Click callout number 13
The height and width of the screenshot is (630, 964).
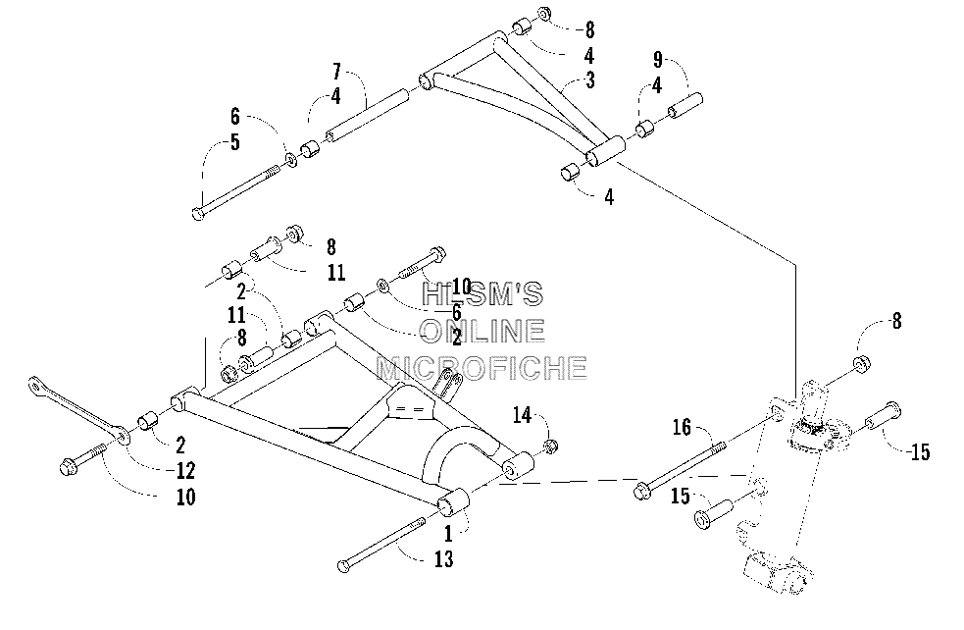click(x=444, y=559)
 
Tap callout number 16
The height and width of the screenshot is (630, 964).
click(x=682, y=427)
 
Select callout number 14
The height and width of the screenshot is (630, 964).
click(x=522, y=415)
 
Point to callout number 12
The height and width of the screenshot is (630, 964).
click(x=185, y=471)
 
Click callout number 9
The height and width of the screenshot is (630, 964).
click(x=657, y=60)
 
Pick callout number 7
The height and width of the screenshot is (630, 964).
click(x=336, y=72)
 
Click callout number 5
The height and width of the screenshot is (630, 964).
click(x=234, y=142)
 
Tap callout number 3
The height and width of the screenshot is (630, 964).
click(x=590, y=80)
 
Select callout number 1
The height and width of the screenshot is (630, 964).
click(x=448, y=534)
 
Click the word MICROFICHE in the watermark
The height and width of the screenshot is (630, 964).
click(x=482, y=369)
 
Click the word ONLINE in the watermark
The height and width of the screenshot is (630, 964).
click(x=482, y=331)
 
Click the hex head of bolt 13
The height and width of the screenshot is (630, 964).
click(x=344, y=566)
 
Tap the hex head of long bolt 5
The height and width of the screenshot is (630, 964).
click(x=197, y=214)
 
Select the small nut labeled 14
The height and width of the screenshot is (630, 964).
click(x=551, y=446)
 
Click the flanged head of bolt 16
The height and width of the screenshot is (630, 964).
click(x=641, y=492)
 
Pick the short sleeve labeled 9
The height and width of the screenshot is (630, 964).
click(x=685, y=105)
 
